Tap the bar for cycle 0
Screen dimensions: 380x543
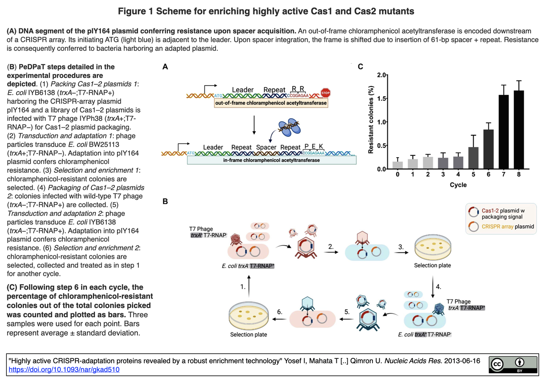coord(397,165)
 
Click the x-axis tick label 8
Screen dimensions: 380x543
coord(519,175)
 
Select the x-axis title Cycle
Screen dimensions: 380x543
coord(458,185)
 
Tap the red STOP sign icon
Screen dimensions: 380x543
coord(325,93)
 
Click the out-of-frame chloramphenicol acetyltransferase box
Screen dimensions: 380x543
coord(271,103)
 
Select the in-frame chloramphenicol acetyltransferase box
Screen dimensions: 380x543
coord(271,160)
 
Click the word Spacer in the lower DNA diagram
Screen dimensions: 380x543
coord(266,147)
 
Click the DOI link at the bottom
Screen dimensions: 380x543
coord(64,369)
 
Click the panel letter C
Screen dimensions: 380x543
coord(360,67)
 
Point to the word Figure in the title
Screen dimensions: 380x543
coord(132,11)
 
